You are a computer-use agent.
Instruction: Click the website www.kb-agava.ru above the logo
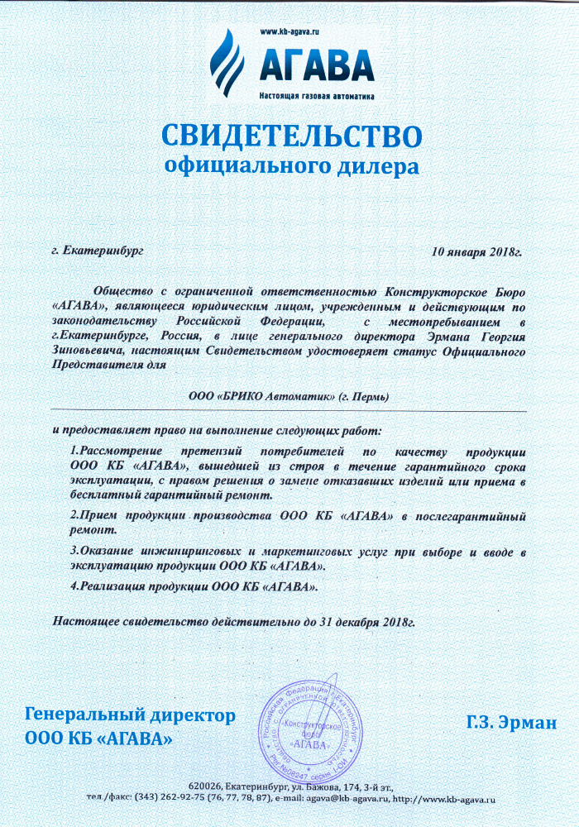pos(289,31)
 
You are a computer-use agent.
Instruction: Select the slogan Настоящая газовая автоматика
pos(317,96)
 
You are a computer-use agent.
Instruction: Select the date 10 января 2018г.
pos(477,251)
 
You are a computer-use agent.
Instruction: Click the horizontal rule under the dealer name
pos(289,411)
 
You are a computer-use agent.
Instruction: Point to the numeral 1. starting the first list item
pos(74,452)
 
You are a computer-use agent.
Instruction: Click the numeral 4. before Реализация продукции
pos(74,586)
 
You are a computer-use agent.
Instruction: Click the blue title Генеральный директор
pos(131,715)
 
